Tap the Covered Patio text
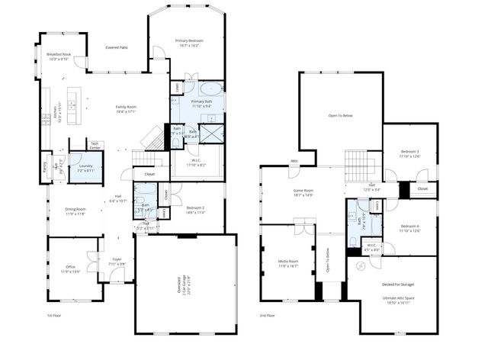(x=116, y=47)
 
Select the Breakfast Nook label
(x=58, y=55)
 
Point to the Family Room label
(x=125, y=107)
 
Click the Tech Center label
(x=95, y=144)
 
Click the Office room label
(x=69, y=267)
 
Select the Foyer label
(x=117, y=259)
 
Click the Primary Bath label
(x=202, y=101)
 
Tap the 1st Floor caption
(x=54, y=314)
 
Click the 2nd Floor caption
(x=268, y=314)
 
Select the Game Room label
(x=303, y=191)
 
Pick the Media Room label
(x=287, y=261)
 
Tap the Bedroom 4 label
(x=410, y=226)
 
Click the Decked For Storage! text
(x=398, y=284)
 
